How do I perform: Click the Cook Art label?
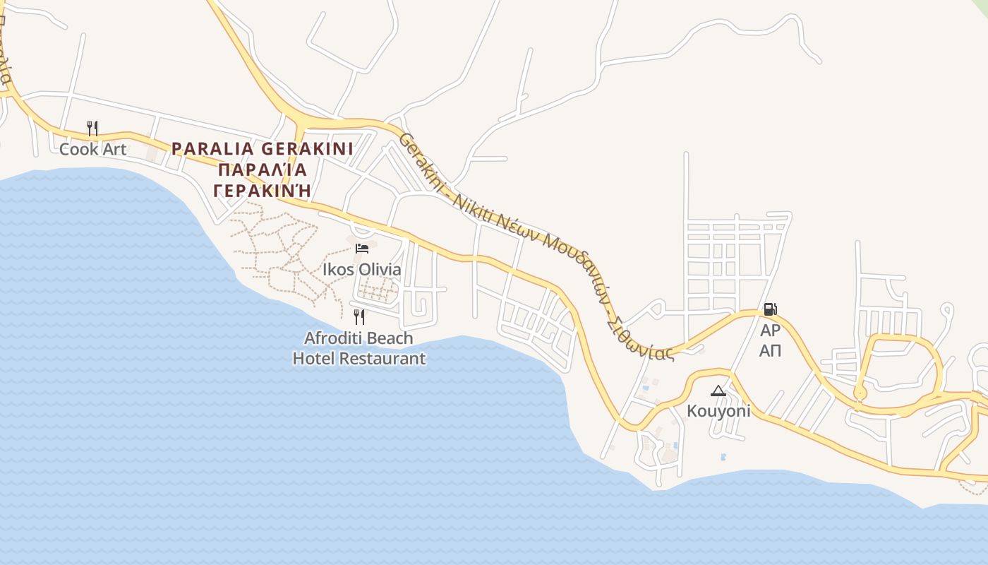[x=92, y=149]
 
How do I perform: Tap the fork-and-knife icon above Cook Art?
[x=92, y=128]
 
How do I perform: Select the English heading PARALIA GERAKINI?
[x=263, y=149]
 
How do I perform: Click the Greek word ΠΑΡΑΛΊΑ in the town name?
[x=263, y=170]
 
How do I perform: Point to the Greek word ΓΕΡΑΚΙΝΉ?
[x=263, y=191]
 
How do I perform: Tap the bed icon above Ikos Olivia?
[x=362, y=248]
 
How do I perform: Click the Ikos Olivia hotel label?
[x=361, y=269]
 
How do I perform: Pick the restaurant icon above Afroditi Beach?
[x=359, y=316]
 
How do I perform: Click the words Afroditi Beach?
[x=359, y=338]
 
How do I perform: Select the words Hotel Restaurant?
[x=359, y=359]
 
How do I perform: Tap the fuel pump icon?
[x=770, y=309]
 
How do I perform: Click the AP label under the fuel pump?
[x=770, y=331]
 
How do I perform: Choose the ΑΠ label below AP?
[x=770, y=350]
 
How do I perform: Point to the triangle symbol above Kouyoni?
[x=718, y=391]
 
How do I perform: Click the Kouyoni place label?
[x=718, y=411]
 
